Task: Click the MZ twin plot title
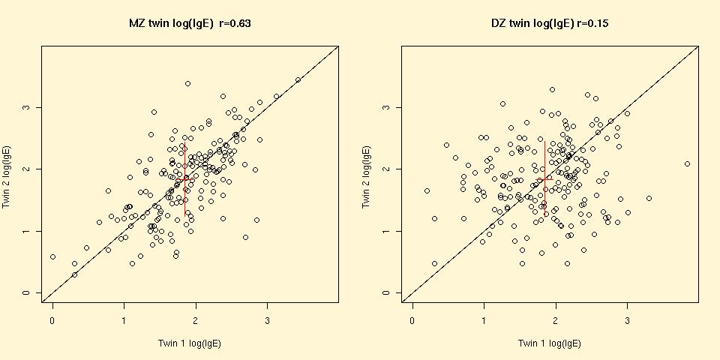pos(190,24)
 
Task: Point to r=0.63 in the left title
pos(235,24)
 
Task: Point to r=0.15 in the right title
pos(593,24)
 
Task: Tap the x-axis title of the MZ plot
pos(190,343)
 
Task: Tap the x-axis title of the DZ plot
pos(550,343)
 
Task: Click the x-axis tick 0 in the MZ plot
pos(52,321)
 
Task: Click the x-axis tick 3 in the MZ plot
pos(268,321)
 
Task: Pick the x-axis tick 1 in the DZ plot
pos(484,321)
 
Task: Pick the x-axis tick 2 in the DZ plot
pos(556,321)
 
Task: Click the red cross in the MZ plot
pos(184,178)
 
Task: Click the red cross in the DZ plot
pos(544,178)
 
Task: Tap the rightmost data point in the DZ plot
pos(687,163)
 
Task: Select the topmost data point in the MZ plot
pos(187,83)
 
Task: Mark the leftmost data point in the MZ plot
pos(52,256)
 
